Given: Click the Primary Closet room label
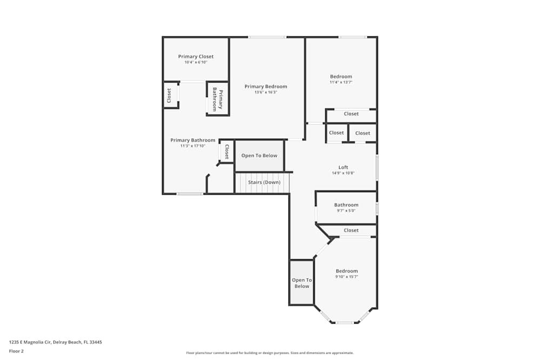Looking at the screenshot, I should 196,57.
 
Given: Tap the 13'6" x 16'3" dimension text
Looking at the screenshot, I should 266,92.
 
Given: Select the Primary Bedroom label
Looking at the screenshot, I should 266,86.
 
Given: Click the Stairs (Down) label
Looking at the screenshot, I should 264,182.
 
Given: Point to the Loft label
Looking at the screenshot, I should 343,167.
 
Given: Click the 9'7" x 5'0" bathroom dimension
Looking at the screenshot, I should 346,210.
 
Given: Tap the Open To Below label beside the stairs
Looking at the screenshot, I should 259,155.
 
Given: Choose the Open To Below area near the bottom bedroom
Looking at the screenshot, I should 302,283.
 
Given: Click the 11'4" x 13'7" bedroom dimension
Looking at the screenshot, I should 341,83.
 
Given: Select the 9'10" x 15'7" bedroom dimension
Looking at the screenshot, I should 347,277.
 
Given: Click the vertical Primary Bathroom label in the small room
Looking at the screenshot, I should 218,99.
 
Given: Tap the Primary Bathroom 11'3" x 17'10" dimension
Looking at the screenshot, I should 193,146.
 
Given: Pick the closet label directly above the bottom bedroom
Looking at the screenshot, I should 351,230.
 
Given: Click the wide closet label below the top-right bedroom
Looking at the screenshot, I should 351,114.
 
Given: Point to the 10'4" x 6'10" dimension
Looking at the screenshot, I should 195,63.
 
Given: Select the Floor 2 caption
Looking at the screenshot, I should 16,351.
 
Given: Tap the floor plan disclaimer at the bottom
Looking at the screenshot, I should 270,352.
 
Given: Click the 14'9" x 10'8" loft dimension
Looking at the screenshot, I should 343,173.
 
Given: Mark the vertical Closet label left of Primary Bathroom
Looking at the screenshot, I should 169,96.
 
